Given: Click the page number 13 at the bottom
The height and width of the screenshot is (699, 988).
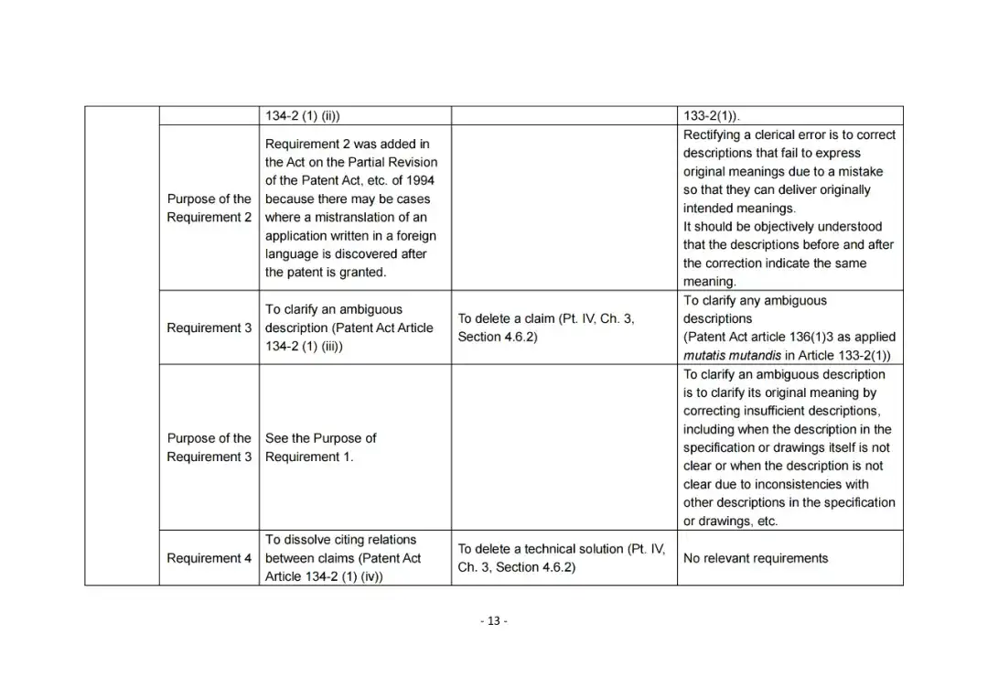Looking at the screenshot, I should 493,621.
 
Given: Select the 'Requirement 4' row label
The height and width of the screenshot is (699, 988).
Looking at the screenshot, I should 209,558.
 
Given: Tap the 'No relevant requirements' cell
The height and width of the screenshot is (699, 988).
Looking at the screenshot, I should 755,558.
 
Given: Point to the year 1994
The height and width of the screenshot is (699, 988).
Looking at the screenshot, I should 417,180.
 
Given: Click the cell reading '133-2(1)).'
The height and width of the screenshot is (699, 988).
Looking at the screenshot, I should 713,116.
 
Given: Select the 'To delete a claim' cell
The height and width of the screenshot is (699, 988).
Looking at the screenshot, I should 546,328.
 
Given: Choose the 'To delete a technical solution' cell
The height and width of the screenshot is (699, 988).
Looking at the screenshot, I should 561,558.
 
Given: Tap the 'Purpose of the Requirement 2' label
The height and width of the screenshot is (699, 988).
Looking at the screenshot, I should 209,208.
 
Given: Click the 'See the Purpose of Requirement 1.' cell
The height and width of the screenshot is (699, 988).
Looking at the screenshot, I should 320,447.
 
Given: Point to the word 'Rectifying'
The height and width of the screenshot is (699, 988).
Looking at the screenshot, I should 714,134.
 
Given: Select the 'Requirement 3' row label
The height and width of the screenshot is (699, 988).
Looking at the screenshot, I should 209,328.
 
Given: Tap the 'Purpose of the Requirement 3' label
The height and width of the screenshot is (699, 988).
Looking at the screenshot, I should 209,447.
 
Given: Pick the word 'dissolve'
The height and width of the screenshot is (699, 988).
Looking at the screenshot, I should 307,540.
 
